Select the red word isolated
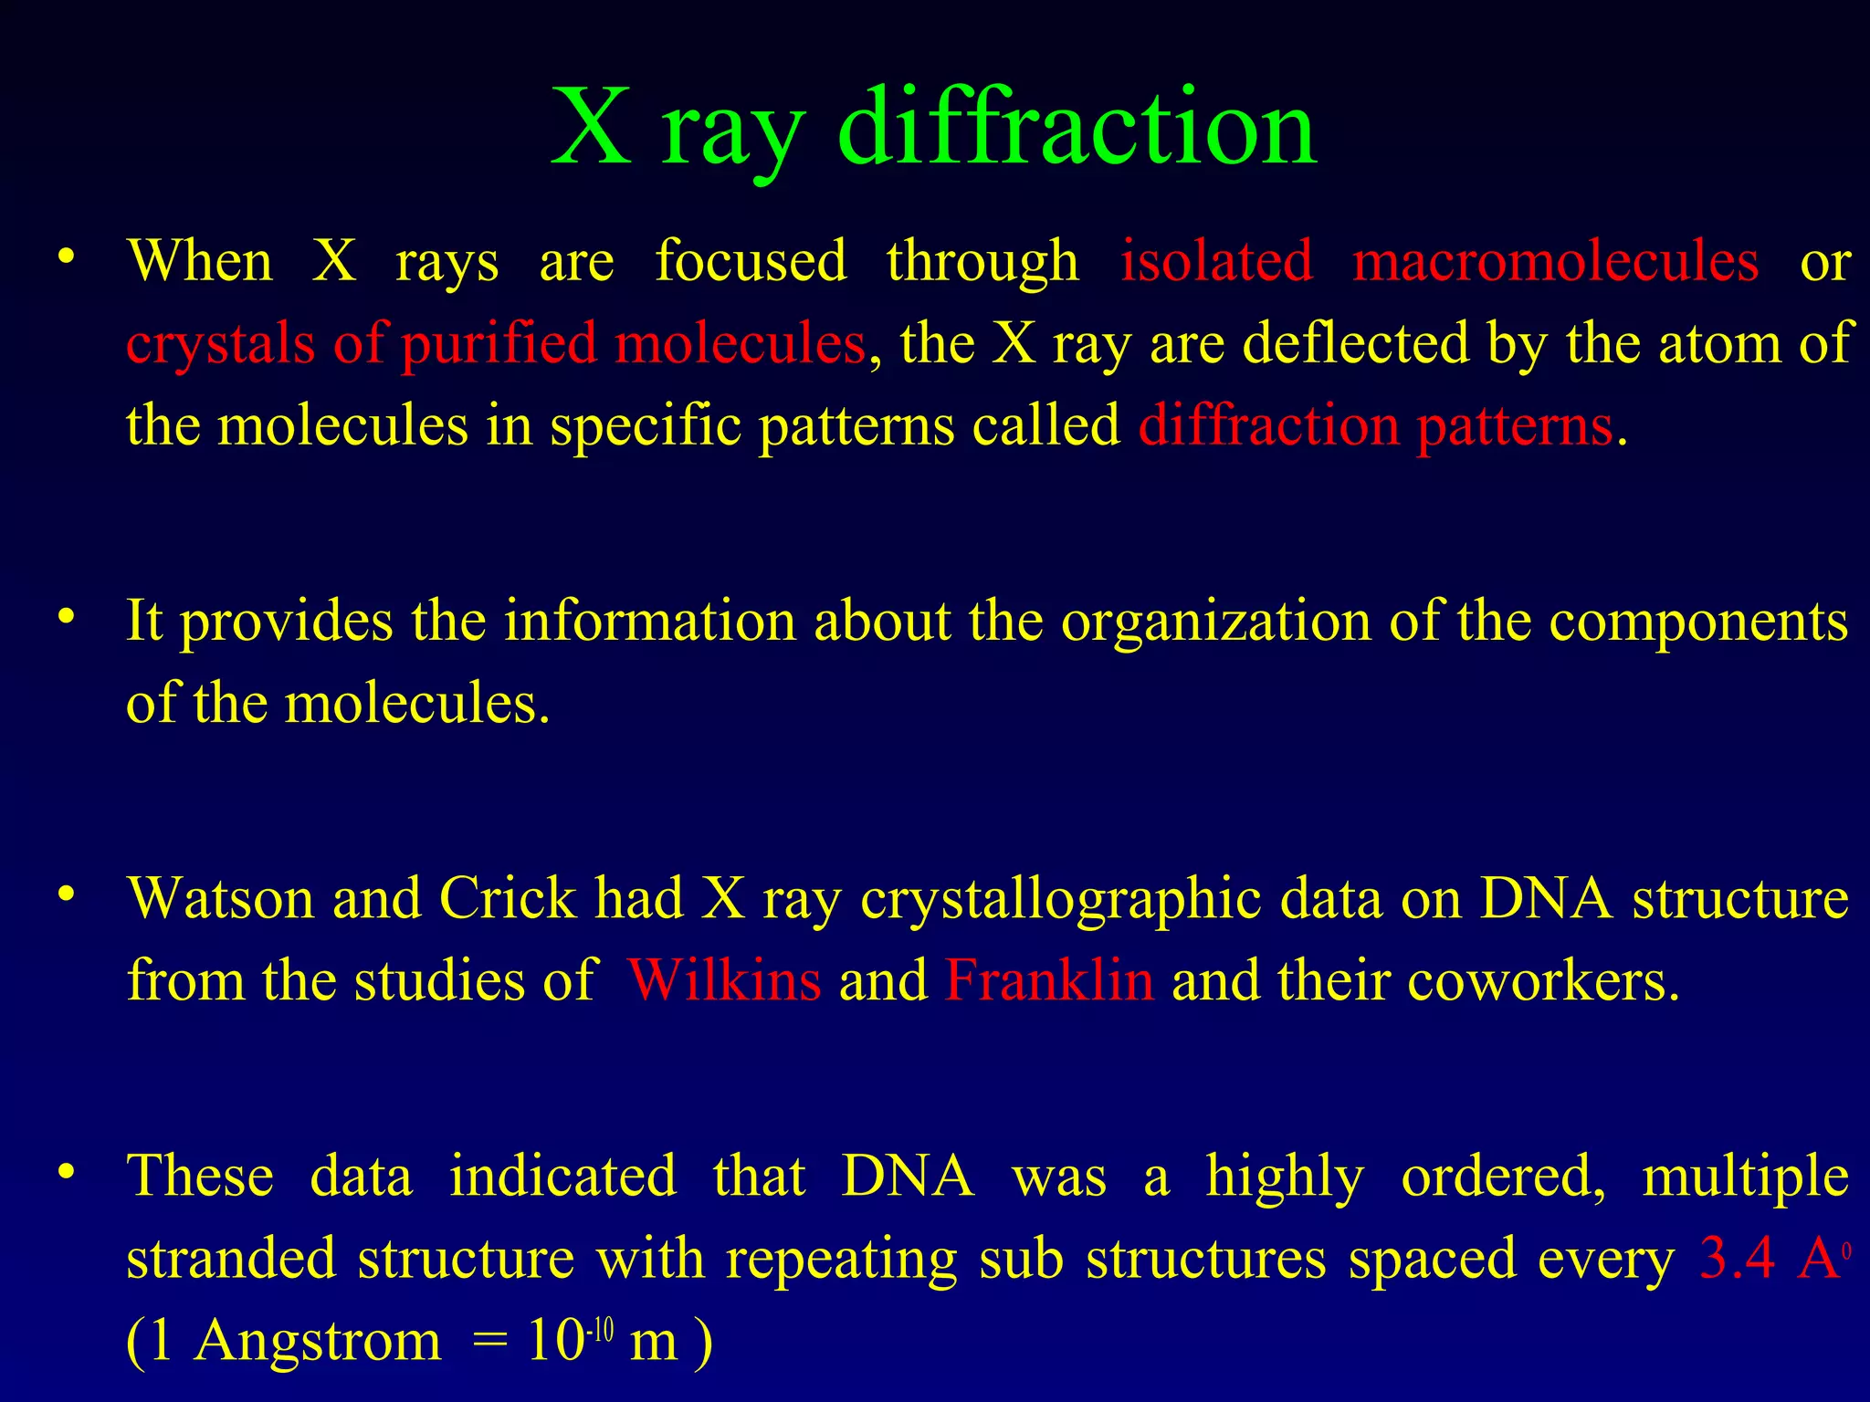pos(1217,261)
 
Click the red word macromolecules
pos(1555,261)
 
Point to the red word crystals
pos(220,345)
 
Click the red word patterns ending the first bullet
pos(1514,426)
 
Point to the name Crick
pos(508,898)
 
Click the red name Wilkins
pos(724,981)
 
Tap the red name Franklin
pos(1049,981)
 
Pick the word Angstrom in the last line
pos(317,1342)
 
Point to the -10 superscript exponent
pos(600,1331)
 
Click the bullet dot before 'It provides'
pos(65,618)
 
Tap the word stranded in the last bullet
pos(231,1259)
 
